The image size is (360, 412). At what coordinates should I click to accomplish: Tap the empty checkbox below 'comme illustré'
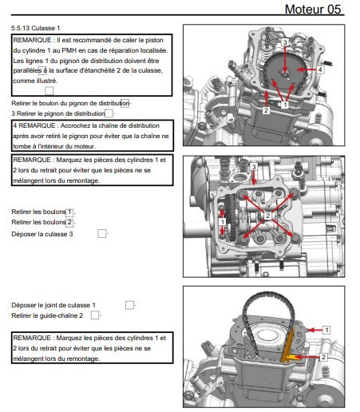click(x=49, y=91)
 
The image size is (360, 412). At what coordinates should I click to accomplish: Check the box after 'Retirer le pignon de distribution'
click(x=109, y=114)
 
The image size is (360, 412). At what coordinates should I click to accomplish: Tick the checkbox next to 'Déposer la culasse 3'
click(x=101, y=234)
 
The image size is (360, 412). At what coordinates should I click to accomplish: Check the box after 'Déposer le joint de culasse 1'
click(x=129, y=305)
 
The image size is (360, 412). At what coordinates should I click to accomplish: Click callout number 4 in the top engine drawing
click(x=320, y=69)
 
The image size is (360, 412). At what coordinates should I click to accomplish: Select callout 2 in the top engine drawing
click(x=265, y=110)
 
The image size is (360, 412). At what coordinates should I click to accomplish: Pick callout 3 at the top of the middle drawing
click(x=254, y=166)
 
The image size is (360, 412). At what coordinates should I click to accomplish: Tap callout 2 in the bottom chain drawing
click(x=323, y=358)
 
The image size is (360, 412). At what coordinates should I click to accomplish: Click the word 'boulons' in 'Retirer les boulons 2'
click(x=50, y=221)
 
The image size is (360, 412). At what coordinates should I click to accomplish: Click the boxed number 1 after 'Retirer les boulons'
click(x=69, y=211)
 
